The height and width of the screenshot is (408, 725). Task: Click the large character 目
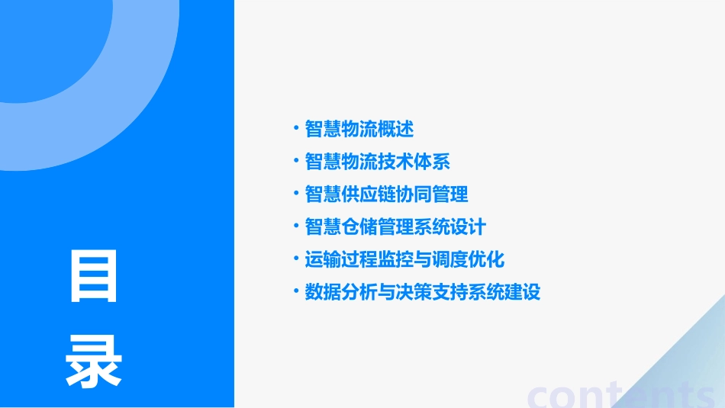[x=93, y=276]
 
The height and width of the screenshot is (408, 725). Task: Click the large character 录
[x=93, y=361]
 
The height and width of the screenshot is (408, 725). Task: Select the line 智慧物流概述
[x=359, y=129]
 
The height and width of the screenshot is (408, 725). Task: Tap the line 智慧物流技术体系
[x=377, y=162]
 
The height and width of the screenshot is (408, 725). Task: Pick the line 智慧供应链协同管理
[x=386, y=194]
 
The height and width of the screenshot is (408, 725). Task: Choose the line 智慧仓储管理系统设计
[x=395, y=227]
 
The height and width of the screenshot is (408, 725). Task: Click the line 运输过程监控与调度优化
[x=404, y=259]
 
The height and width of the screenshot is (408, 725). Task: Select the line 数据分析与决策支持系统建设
[x=423, y=292]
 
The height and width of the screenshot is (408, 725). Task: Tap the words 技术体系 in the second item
[x=414, y=162]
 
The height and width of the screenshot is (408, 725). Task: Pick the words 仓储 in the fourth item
[x=359, y=227]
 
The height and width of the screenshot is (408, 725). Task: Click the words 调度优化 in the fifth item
[x=469, y=259]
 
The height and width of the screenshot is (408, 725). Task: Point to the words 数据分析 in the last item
[x=341, y=292]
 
